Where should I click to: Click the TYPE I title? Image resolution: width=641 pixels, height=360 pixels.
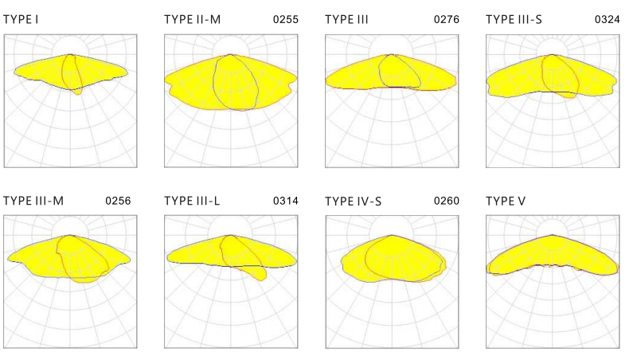pos(21,18)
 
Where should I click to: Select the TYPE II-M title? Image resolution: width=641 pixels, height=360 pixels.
pos(192,18)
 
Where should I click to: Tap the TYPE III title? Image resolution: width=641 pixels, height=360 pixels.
pos(346,18)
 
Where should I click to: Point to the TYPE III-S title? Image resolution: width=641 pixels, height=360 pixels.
pos(514,18)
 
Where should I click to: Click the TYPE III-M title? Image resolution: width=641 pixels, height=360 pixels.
pos(34,200)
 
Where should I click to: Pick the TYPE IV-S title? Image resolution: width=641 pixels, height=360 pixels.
pos(354,200)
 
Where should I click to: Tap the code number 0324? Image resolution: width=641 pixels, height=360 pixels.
pos(608,18)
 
